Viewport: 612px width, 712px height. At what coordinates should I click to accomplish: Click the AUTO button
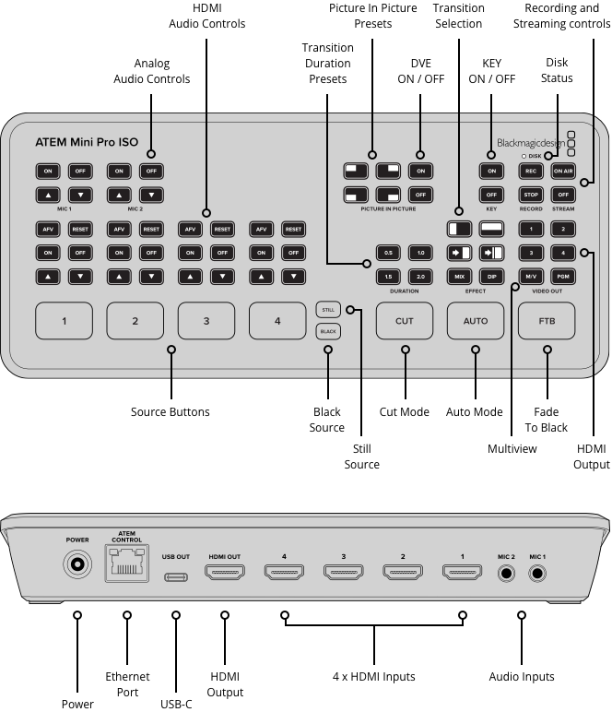(x=475, y=321)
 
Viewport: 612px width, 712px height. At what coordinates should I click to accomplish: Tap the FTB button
(x=547, y=321)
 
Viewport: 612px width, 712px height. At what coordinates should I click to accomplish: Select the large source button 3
(x=206, y=321)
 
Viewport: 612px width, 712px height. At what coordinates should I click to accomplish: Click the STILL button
(x=327, y=311)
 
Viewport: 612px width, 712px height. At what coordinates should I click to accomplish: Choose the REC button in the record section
(x=531, y=171)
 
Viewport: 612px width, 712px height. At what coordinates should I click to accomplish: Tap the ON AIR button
(x=563, y=171)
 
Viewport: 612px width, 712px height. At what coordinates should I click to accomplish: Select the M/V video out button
(x=531, y=276)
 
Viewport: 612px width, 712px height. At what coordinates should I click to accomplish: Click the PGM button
(x=563, y=276)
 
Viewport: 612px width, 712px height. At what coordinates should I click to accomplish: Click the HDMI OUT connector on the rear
(x=225, y=574)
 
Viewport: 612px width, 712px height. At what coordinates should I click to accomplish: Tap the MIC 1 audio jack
(x=537, y=573)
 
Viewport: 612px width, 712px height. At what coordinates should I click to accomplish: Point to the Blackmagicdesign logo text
(x=529, y=143)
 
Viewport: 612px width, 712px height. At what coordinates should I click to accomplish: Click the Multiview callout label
(x=512, y=448)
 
